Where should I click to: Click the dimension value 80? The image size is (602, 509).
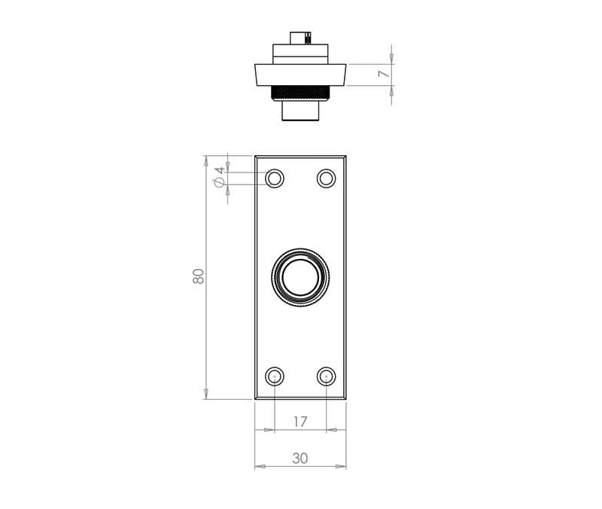(198, 276)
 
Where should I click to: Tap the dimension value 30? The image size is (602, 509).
(300, 459)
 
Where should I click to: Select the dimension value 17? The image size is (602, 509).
(300, 422)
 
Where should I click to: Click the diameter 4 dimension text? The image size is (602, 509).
(219, 177)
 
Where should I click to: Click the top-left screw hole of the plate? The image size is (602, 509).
(275, 178)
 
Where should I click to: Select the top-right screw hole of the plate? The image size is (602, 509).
(327, 178)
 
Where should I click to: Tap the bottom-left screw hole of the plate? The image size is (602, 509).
(275, 376)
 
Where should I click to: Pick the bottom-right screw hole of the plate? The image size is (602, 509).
(327, 376)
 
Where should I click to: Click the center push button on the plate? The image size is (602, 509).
(300, 277)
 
